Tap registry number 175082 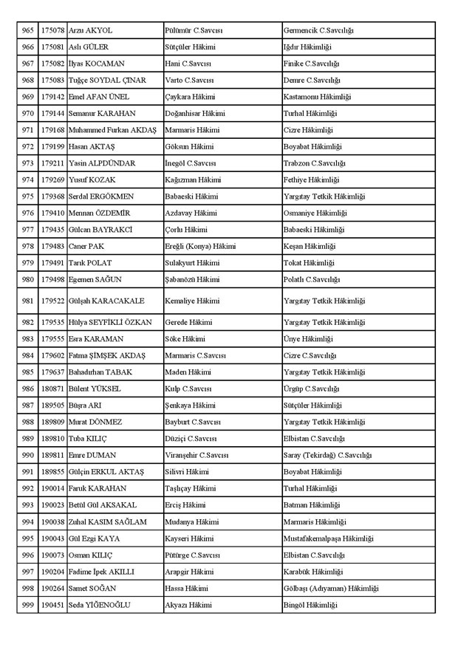(x=52, y=64)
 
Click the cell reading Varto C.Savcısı (x=189, y=80)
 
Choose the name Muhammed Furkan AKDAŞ (x=112, y=130)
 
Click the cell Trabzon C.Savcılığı (x=315, y=163)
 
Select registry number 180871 (x=52, y=388)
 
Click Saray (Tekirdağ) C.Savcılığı (x=328, y=455)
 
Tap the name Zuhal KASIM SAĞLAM (x=107, y=521)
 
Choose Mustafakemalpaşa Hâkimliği (x=329, y=538)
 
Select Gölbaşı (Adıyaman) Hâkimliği (x=331, y=588)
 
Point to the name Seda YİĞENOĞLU (x=99, y=605)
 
